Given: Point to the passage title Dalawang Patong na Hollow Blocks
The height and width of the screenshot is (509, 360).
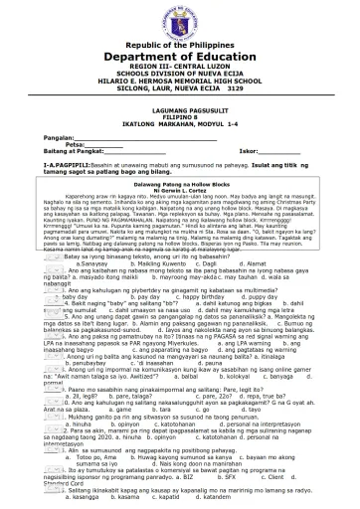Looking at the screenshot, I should pyautogui.click(x=179, y=184).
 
